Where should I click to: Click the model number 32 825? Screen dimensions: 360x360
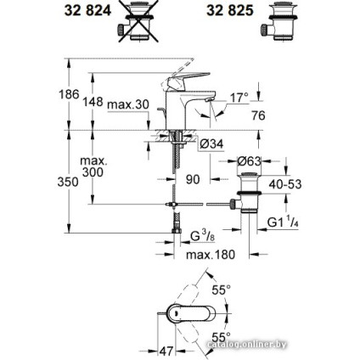coord(232,12)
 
